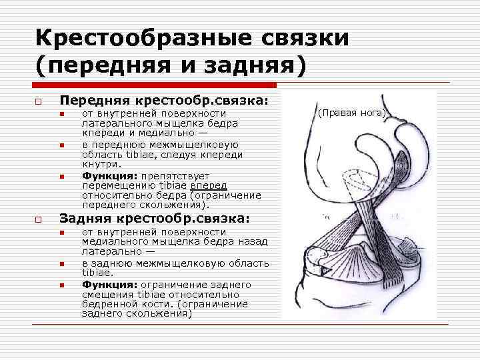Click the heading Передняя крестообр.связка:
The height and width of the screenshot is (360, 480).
pyautogui.click(x=164, y=100)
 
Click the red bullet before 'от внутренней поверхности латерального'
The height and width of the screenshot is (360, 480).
pyautogui.click(x=61, y=115)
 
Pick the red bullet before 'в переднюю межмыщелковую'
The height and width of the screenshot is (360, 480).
pyautogui.click(x=61, y=145)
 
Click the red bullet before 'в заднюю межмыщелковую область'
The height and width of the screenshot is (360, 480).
pyautogui.click(x=61, y=264)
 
